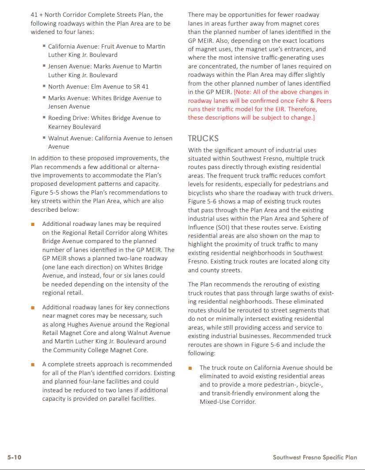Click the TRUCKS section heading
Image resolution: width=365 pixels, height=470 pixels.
(203, 138)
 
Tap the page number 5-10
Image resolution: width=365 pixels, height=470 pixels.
(14, 457)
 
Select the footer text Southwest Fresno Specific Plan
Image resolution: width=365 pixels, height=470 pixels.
(315, 457)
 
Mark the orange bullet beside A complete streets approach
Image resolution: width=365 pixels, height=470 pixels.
(33, 365)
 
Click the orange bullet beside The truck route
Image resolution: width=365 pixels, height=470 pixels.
(190, 368)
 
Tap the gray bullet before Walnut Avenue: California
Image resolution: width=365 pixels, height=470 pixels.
(45, 138)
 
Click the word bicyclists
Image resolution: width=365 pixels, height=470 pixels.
(204, 193)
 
